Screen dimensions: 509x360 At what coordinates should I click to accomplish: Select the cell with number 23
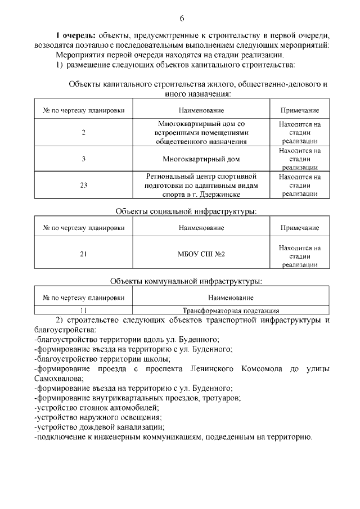83,185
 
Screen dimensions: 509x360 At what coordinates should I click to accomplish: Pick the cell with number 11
83,310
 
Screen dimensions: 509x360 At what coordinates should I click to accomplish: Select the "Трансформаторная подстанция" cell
231,310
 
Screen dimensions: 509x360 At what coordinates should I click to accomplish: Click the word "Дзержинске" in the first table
220,193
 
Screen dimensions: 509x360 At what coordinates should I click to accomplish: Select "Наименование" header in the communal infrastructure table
231,297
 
